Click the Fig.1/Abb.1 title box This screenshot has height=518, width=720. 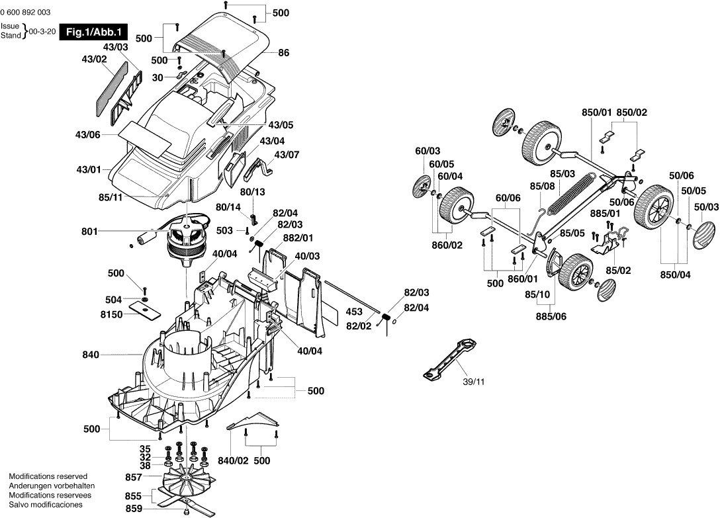click(93, 32)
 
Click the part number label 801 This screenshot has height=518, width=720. click(89, 232)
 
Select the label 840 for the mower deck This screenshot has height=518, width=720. click(90, 355)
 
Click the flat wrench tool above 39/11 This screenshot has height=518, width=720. click(449, 359)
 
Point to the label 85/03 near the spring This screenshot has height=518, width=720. click(562, 173)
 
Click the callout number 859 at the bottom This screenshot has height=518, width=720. click(134, 509)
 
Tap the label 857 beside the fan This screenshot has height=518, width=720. click(134, 476)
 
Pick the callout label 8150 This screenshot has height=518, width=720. click(111, 315)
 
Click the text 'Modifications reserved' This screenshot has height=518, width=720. click(48, 476)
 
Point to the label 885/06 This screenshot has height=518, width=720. click(551, 316)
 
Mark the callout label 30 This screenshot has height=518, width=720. click(157, 77)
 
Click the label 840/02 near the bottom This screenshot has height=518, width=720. click(233, 460)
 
